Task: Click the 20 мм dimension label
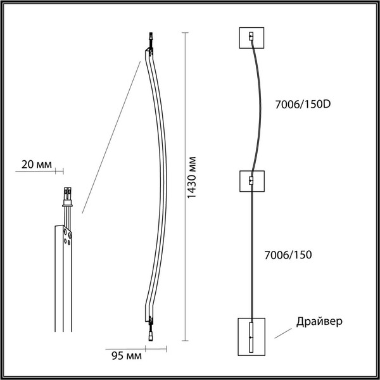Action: pos(35,164)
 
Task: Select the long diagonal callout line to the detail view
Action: pos(110,134)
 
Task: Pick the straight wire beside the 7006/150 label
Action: pos(251,253)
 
